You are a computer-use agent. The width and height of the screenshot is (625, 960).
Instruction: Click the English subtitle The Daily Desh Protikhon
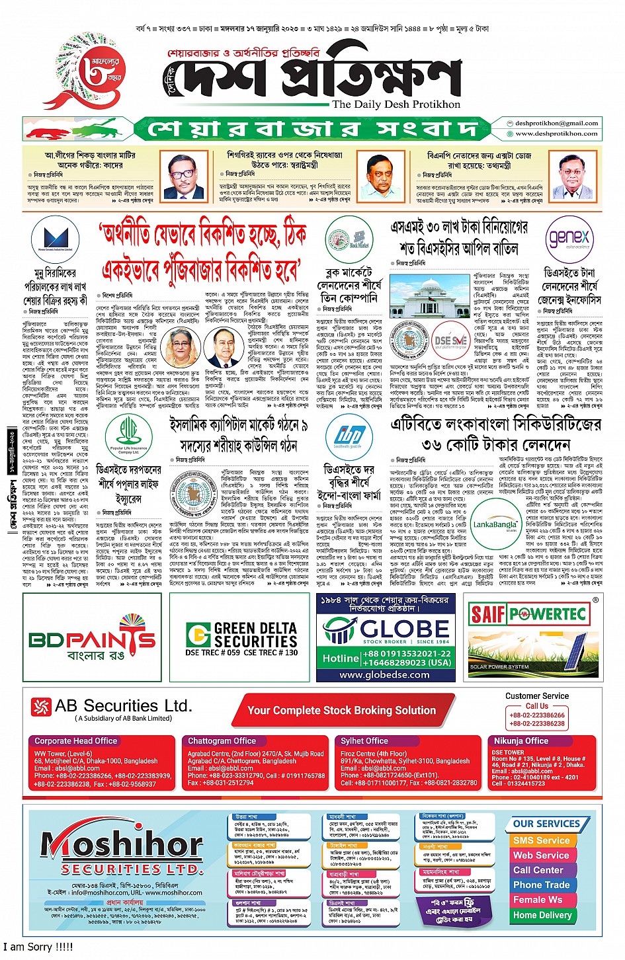tap(396, 104)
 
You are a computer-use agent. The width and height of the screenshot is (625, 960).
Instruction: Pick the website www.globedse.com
tap(384, 675)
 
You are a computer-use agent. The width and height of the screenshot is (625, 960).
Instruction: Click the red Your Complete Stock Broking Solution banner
tap(341, 711)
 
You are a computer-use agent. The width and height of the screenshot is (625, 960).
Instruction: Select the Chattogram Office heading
tap(222, 741)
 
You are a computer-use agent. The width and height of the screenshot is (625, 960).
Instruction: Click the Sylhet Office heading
tap(364, 741)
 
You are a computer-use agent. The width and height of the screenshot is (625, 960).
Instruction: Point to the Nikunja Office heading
tap(521, 741)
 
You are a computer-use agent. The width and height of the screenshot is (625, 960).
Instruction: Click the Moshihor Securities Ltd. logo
tap(122, 850)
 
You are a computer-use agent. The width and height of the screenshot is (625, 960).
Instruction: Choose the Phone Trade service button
tap(541, 885)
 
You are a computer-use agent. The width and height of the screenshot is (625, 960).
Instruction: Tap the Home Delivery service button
tap(542, 915)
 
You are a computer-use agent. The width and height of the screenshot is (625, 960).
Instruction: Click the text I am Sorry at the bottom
tap(38, 947)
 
